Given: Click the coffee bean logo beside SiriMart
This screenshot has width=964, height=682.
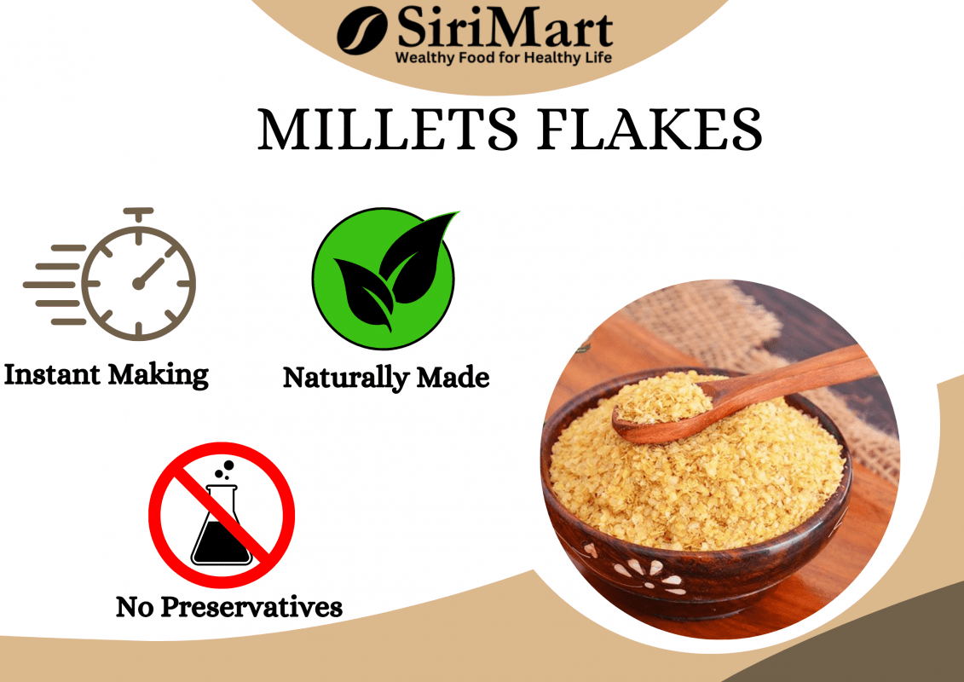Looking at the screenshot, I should (362, 32).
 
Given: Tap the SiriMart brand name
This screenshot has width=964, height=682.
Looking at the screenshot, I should (503, 30).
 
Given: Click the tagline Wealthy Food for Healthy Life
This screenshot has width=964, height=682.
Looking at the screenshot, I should (503, 58).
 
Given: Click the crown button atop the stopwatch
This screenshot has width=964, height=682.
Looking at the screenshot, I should (138, 213).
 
